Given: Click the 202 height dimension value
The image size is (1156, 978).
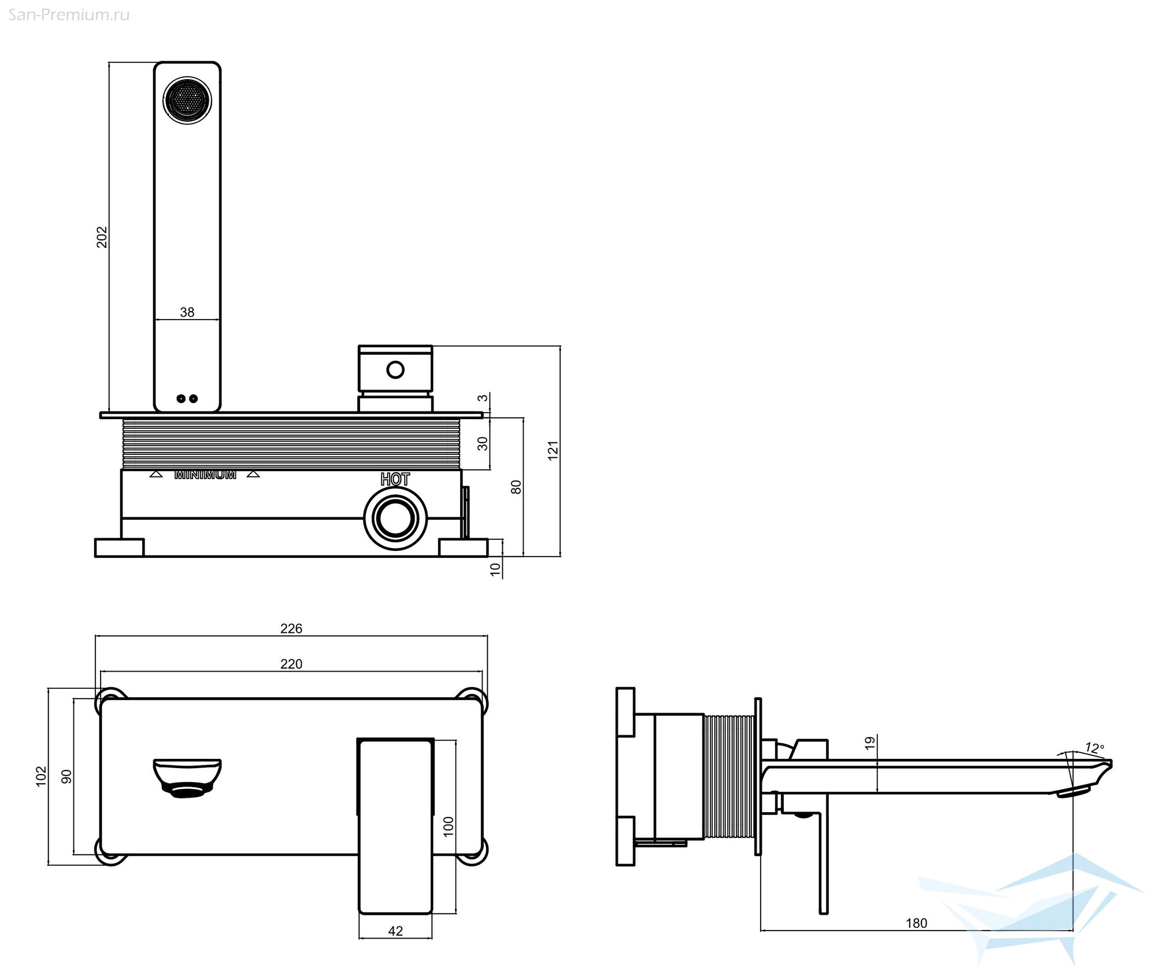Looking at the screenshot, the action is pyautogui.click(x=102, y=237).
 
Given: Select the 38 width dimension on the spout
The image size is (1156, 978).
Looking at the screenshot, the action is pyautogui.click(x=187, y=312).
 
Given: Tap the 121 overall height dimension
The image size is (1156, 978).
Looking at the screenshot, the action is pyautogui.click(x=553, y=450).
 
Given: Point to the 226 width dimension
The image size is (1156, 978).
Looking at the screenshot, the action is pyautogui.click(x=291, y=628).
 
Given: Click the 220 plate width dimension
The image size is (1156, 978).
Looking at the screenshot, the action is pyautogui.click(x=291, y=664).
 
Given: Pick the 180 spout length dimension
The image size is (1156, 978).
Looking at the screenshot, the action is pyautogui.click(x=917, y=923).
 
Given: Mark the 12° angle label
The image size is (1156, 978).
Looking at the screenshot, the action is pyautogui.click(x=1094, y=748).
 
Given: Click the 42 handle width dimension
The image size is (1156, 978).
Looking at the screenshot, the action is pyautogui.click(x=395, y=931).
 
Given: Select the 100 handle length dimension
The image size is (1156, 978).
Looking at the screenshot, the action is pyautogui.click(x=449, y=827).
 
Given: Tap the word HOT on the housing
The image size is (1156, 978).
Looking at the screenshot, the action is pyautogui.click(x=395, y=479).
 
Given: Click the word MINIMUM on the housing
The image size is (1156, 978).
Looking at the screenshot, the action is pyautogui.click(x=205, y=475).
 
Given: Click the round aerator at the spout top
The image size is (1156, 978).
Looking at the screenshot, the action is pyautogui.click(x=187, y=100).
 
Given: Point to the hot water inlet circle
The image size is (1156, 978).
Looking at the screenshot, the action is pyautogui.click(x=395, y=518).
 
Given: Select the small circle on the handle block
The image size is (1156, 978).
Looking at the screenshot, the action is pyautogui.click(x=395, y=369).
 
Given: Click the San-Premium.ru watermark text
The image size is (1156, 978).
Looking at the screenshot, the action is pyautogui.click(x=69, y=15).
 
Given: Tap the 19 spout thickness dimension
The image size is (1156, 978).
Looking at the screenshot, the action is pyautogui.click(x=870, y=743).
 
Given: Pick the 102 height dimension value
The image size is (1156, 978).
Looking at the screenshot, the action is pyautogui.click(x=41, y=776).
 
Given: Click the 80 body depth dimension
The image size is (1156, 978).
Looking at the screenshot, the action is pyautogui.click(x=516, y=487).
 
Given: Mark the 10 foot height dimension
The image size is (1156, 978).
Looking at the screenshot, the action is pyautogui.click(x=495, y=569).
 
